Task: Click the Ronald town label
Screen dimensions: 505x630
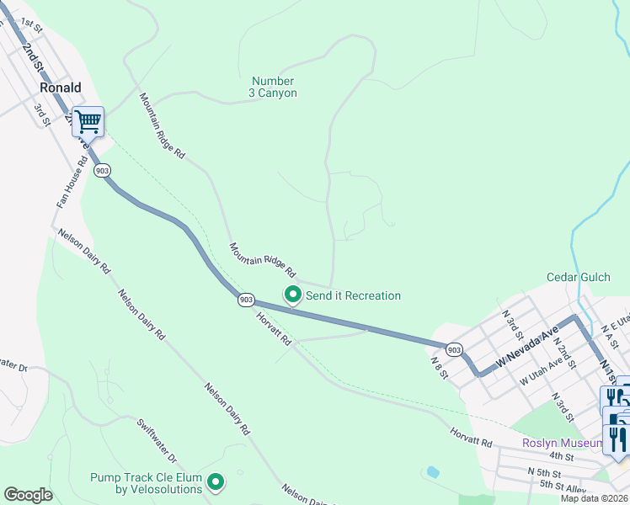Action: (x=60, y=88)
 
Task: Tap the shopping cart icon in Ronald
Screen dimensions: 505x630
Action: (x=88, y=122)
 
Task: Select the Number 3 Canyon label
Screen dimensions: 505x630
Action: (x=273, y=87)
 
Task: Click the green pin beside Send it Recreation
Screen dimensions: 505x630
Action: (x=292, y=295)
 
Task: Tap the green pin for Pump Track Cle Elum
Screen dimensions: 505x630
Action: (x=216, y=482)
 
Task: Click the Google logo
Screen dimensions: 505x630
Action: (x=27, y=495)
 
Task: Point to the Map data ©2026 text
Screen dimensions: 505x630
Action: (x=594, y=498)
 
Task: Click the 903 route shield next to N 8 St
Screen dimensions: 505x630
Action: (x=453, y=348)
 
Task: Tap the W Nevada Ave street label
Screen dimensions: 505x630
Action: (x=527, y=347)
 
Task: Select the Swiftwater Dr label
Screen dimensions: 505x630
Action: (x=157, y=441)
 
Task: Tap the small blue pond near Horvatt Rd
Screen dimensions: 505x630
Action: (x=433, y=472)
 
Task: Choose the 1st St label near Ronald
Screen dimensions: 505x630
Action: (x=31, y=23)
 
